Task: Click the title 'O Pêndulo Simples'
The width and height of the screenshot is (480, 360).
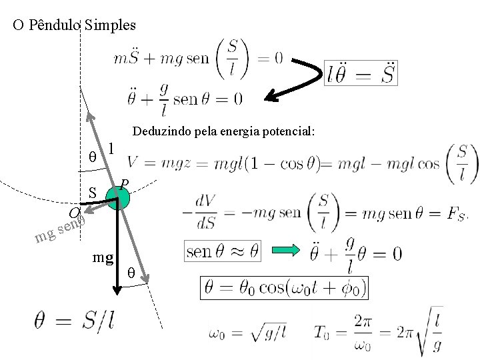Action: (x=74, y=26)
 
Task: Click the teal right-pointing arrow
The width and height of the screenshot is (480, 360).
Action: (x=287, y=251)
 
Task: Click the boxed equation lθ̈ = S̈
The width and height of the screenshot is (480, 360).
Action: (x=361, y=73)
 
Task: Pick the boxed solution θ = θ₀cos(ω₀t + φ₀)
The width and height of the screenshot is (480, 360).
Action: (x=285, y=289)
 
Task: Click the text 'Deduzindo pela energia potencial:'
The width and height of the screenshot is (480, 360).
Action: (x=223, y=132)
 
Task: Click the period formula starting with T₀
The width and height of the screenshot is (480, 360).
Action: (x=377, y=330)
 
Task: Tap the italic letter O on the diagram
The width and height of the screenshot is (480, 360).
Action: (x=74, y=213)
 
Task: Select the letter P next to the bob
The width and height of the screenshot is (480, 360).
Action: (x=124, y=183)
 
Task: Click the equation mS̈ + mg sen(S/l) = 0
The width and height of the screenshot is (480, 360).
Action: (x=198, y=59)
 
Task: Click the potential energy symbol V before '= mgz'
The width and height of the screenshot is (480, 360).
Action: (x=133, y=163)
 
